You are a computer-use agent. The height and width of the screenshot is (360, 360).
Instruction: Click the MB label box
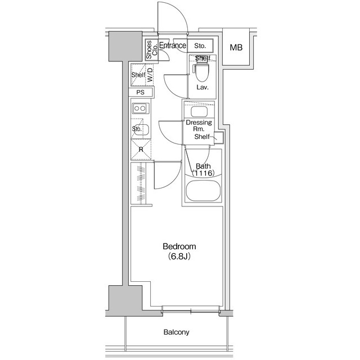click(x=236, y=47)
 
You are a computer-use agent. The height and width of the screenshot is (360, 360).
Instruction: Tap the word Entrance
click(x=173, y=46)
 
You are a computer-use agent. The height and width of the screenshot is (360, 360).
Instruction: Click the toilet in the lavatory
click(x=201, y=72)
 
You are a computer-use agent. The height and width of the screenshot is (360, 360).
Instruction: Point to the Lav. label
click(x=202, y=88)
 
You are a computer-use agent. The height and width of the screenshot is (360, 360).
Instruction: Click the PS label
click(x=141, y=92)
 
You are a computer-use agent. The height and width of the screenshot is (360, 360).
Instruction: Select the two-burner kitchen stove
click(x=139, y=109)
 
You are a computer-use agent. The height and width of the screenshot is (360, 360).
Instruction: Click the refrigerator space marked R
click(x=141, y=150)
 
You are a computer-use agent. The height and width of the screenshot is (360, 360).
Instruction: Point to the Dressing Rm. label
click(x=199, y=126)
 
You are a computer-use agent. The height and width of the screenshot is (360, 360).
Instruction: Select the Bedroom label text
click(x=179, y=246)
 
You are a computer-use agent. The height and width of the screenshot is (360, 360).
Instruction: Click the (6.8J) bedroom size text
click(x=179, y=256)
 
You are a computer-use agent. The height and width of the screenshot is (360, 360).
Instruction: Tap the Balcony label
click(x=177, y=332)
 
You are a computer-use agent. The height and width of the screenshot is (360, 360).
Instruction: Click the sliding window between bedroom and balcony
click(x=191, y=310)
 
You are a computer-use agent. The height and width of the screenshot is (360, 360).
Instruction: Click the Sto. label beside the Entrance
click(x=200, y=46)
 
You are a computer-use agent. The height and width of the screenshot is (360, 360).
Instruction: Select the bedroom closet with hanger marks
click(x=141, y=184)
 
